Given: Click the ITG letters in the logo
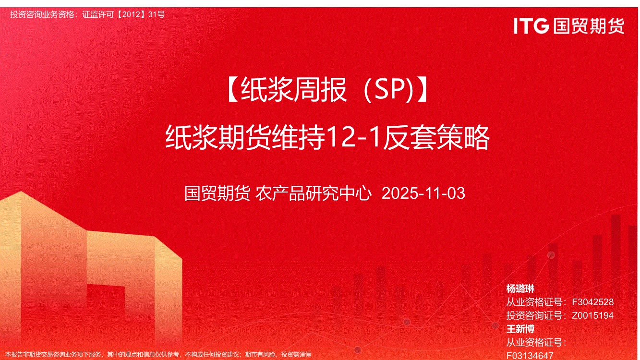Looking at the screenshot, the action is tap(531, 26).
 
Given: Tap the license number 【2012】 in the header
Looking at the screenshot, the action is tap(131, 14).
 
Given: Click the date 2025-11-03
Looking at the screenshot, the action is tap(423, 193).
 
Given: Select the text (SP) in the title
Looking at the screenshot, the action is tap(389, 90).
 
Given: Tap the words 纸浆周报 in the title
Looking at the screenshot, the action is tap(294, 90).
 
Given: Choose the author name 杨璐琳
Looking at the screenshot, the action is tap(520, 288).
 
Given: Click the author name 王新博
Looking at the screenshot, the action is tap(520, 329).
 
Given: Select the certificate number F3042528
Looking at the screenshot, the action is tap(592, 302).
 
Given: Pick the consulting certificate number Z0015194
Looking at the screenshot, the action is tap(592, 315).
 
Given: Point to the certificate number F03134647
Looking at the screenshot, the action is tap(530, 355).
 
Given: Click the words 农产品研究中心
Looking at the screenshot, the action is tap(314, 193).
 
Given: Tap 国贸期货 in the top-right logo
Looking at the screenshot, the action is tap(589, 26).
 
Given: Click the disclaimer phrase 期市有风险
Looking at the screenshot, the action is tap(260, 355).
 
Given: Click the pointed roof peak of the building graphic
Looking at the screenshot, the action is tap(21, 192).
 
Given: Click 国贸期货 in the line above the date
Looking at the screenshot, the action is tap(217, 193).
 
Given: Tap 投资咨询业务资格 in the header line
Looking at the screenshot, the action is tap(42, 14).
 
